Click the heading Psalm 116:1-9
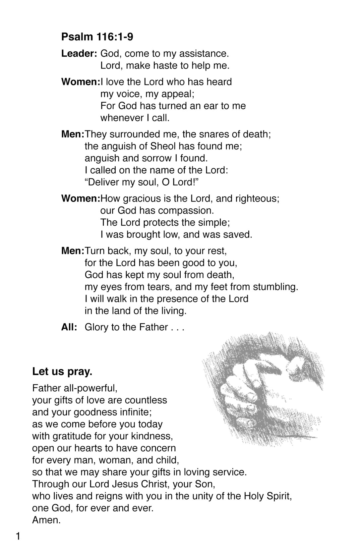pos(97,37)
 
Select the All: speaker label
pos(69,327)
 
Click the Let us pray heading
pos(62,371)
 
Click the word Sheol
pos(162,146)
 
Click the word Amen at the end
pos(46,520)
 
